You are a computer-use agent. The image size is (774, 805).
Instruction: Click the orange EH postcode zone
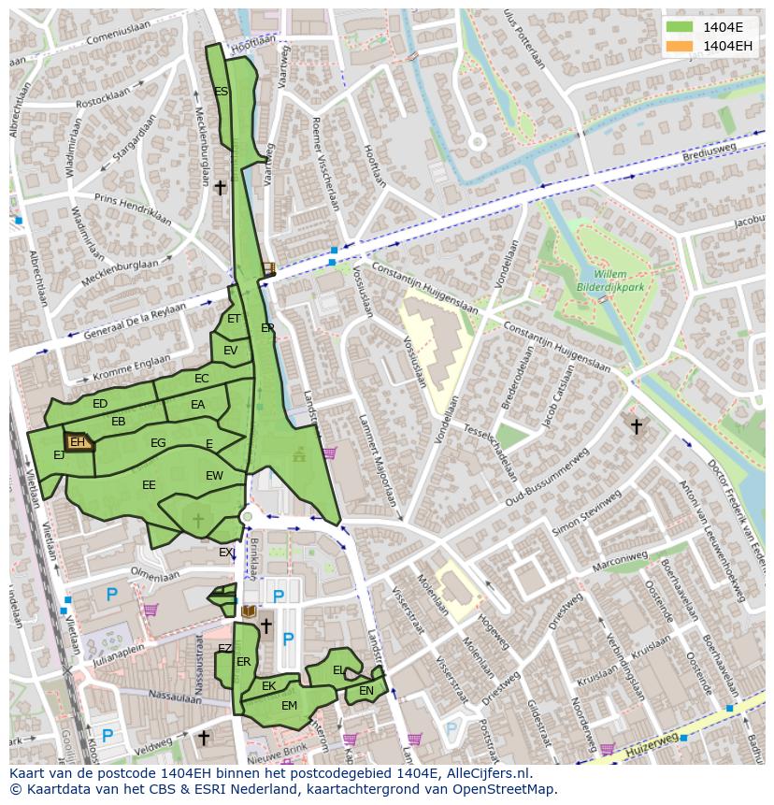(x=79, y=441)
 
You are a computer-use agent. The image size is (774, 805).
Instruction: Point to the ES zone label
(x=221, y=92)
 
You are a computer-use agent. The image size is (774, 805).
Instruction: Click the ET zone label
(x=234, y=319)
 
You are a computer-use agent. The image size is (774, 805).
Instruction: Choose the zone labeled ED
(x=100, y=404)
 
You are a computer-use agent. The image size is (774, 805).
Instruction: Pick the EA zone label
(x=197, y=405)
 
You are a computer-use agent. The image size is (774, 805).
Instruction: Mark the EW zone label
(x=214, y=476)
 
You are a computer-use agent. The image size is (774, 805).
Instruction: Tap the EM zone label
(x=289, y=706)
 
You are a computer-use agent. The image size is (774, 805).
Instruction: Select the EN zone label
(x=366, y=691)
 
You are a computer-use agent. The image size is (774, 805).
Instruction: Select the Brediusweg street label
(x=709, y=151)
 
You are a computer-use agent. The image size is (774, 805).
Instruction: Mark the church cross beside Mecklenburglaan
(x=220, y=188)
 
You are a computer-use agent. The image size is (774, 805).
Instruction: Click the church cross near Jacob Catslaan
(x=636, y=426)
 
